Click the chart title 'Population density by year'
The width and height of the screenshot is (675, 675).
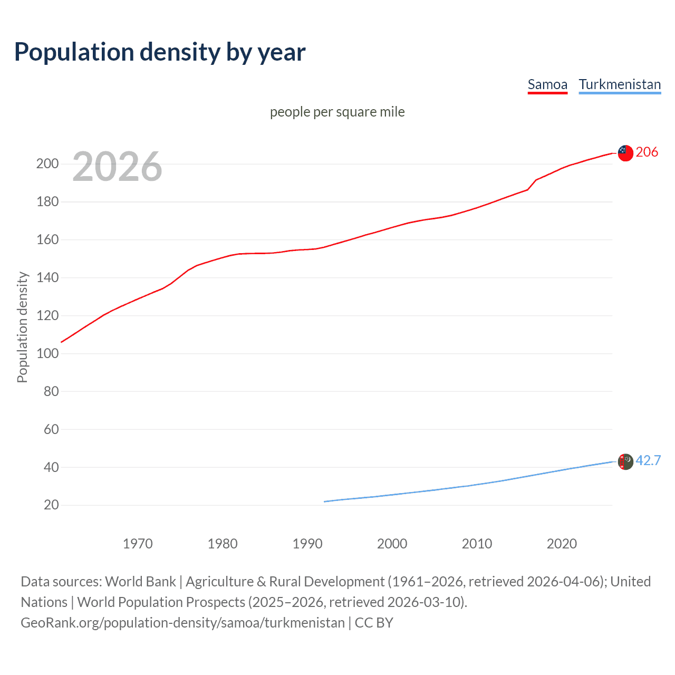click(160, 52)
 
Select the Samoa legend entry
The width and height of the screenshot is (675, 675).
click(547, 84)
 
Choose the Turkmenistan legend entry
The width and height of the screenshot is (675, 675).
click(620, 84)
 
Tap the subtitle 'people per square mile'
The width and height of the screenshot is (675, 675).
click(337, 112)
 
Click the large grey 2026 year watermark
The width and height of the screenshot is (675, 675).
click(117, 167)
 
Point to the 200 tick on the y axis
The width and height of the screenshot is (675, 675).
click(47, 163)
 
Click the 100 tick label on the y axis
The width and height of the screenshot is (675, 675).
click(47, 353)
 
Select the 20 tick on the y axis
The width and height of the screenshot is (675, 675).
click(51, 505)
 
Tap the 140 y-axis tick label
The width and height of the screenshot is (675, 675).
click(47, 277)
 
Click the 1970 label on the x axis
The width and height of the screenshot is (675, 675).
click(138, 544)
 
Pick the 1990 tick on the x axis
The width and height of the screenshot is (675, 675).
click(307, 544)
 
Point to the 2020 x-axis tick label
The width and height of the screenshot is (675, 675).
click(562, 544)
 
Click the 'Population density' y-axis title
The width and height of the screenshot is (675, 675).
click(22, 327)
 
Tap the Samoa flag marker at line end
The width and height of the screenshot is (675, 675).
click(625, 153)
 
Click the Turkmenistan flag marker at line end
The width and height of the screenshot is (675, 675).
click(625, 461)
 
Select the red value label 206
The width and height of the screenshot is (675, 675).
click(647, 152)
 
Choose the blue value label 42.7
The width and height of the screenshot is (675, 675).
click(648, 461)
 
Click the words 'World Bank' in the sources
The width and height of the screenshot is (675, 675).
click(140, 582)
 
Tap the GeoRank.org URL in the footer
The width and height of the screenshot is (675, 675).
click(182, 623)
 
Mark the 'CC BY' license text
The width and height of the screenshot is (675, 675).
click(374, 623)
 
